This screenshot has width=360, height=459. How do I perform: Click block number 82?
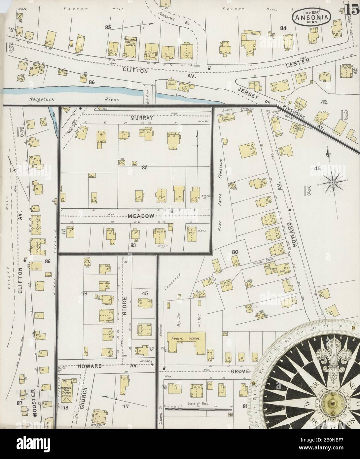pyautogui.click(x=144, y=168)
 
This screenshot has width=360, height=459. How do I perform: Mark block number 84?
pyautogui.click(x=283, y=28)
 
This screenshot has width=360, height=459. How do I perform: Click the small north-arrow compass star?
pyautogui.click(x=333, y=181)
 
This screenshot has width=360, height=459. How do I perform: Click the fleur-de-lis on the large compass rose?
pyautogui.click(x=336, y=358)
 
